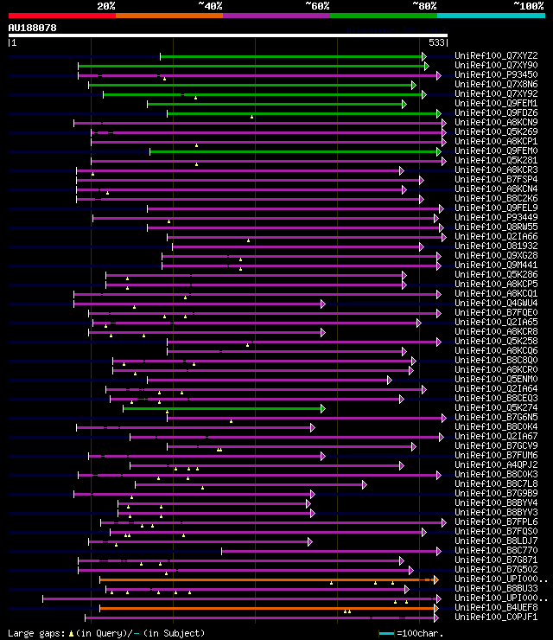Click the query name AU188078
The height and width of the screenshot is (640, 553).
pos(33,28)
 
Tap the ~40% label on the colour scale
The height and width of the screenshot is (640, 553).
pos(210,6)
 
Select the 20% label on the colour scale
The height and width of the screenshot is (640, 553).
pos(106,6)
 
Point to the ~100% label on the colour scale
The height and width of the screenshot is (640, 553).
pos(528,6)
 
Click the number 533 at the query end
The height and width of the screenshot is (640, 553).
pos(437,42)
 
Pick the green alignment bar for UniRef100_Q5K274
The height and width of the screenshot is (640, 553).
pos(222,408)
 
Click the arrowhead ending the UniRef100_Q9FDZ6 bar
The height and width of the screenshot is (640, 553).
pos(439,113)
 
